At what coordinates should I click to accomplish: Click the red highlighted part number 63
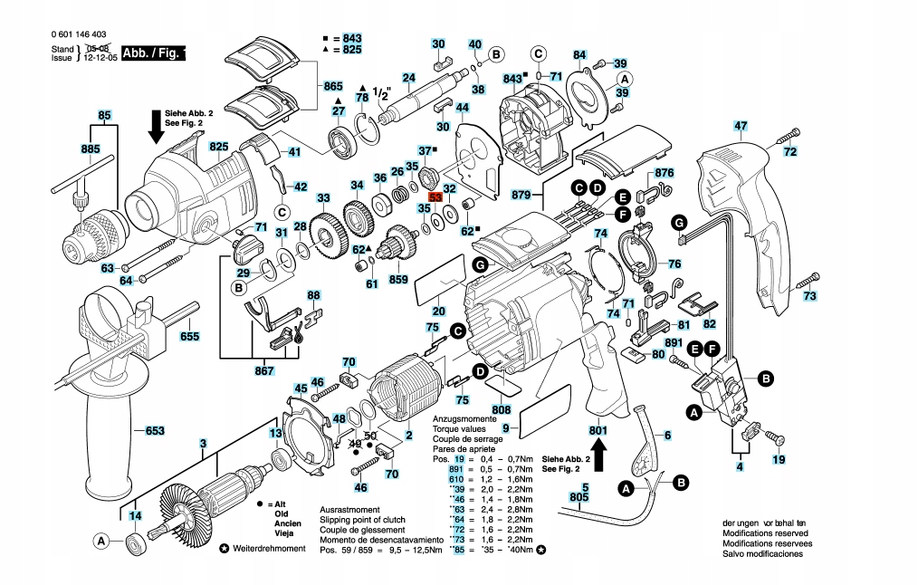(435, 197)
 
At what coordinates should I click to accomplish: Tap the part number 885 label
(90, 149)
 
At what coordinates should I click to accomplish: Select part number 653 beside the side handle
(155, 431)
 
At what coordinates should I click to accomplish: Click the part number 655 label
(189, 336)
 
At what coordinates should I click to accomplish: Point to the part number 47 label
(741, 126)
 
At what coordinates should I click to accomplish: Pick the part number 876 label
(665, 173)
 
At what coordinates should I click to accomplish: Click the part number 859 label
(398, 280)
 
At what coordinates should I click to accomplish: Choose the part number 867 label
(263, 371)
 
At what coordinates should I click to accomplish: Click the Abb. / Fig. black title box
(154, 53)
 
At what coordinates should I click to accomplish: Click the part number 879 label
(520, 195)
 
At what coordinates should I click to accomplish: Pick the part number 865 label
(334, 86)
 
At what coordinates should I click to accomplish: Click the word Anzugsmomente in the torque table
(463, 421)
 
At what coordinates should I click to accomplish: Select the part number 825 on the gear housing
(218, 147)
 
